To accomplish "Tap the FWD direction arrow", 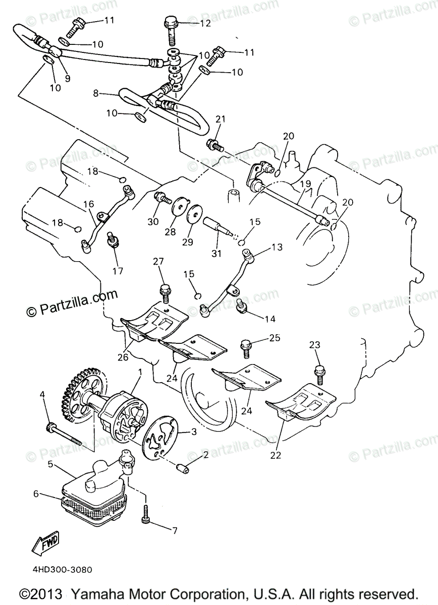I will [44, 543].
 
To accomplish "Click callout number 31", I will [216, 254].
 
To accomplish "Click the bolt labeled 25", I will [247, 346].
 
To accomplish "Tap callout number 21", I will [219, 119].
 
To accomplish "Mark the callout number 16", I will [89, 204].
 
